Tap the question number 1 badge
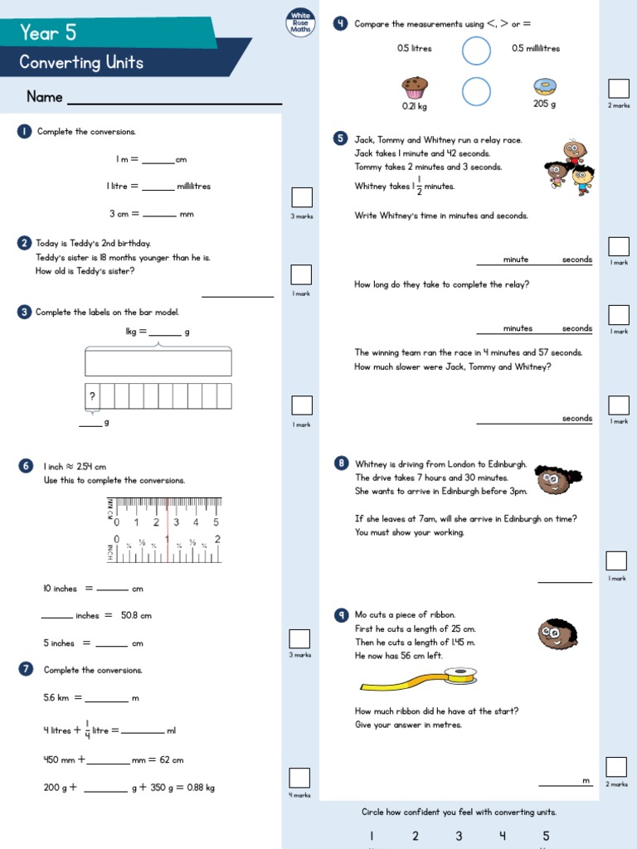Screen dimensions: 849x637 tap(24, 132)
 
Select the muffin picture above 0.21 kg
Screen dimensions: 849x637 tap(414, 86)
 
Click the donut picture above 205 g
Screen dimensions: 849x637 tap(544, 87)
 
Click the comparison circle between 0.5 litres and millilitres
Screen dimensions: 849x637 tap(476, 51)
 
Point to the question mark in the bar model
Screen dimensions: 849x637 tap(92, 397)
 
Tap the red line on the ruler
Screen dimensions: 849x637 tap(168, 531)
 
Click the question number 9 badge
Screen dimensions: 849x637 tap(341, 614)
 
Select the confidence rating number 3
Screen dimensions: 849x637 tap(459, 836)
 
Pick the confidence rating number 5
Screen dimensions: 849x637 tap(546, 836)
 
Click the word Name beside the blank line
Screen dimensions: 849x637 tap(45, 97)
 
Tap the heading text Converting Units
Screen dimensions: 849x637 tap(81, 63)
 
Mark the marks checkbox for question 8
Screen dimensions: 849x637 tap(616, 561)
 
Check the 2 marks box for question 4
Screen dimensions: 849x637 tap(619, 89)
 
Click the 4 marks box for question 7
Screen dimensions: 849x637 tap(299, 778)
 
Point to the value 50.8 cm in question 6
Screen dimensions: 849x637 tap(136, 616)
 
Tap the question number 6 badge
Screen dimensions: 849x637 tap(26, 467)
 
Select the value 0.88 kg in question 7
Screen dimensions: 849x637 tap(201, 788)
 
